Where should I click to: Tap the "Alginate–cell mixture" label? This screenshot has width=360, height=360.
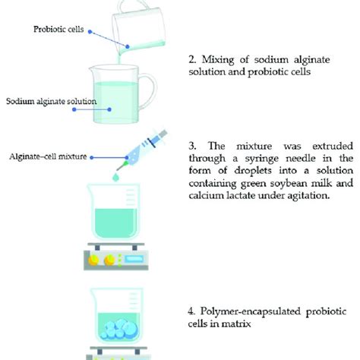[x=55, y=157]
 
